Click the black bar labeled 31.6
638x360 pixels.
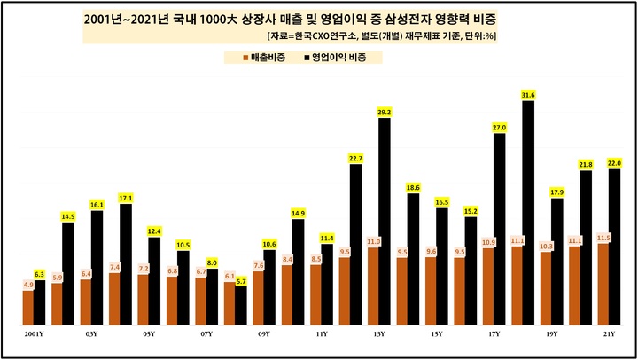point(528,213)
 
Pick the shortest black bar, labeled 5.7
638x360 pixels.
point(240,304)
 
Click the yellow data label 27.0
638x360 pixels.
point(499,128)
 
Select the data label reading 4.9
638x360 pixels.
point(27,285)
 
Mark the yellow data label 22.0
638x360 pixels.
point(614,163)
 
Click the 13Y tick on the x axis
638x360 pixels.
point(378,335)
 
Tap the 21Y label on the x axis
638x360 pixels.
point(609,335)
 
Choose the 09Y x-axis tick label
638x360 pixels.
point(263,335)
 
